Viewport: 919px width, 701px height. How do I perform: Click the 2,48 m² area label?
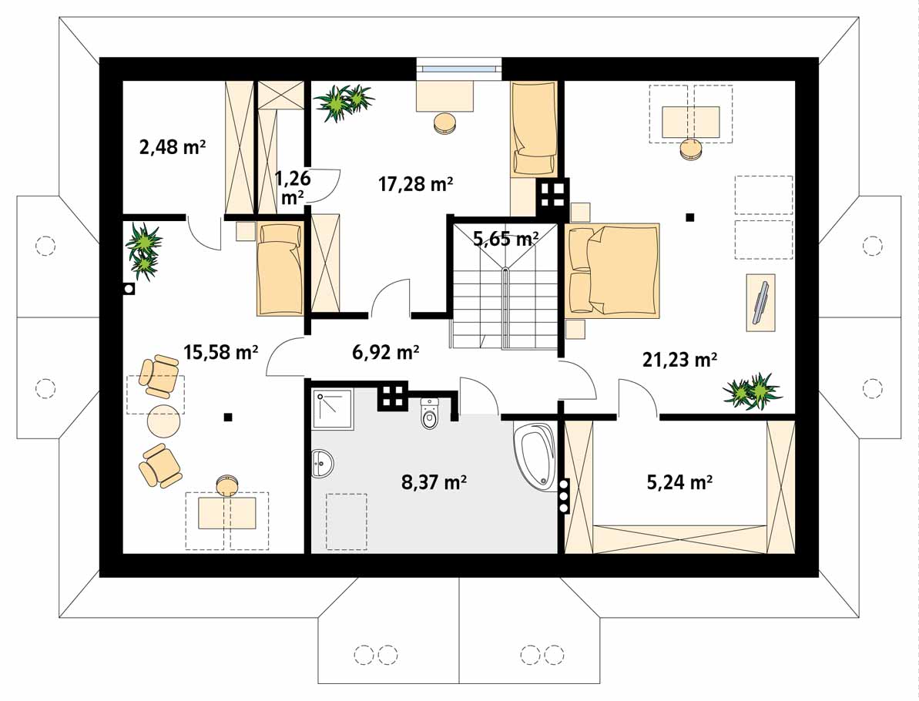point(173,146)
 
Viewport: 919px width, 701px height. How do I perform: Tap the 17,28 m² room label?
point(415,184)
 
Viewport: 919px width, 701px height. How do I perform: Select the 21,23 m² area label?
point(680,359)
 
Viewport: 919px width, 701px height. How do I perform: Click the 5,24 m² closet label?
point(679,482)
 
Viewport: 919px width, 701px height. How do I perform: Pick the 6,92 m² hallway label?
point(385,352)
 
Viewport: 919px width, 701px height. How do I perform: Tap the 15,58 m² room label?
point(221,352)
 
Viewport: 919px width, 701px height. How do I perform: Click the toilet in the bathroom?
point(430,414)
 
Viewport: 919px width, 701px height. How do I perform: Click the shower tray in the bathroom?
point(332,408)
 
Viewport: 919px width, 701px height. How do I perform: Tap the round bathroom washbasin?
point(322,463)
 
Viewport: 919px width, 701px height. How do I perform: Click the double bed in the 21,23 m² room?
point(612,270)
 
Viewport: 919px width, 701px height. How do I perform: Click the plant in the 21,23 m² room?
point(753,391)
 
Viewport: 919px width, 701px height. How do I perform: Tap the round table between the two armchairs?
point(163,421)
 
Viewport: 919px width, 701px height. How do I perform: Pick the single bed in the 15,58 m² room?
point(280,269)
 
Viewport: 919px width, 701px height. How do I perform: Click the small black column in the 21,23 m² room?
point(690,217)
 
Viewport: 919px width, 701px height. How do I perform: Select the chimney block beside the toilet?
point(393,397)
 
